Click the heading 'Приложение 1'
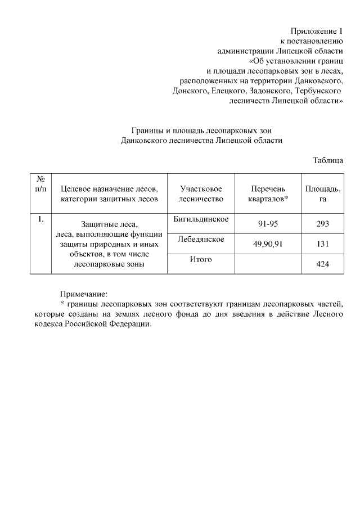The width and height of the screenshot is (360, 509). pos(317,30)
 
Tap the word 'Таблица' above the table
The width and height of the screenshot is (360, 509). pos(328,160)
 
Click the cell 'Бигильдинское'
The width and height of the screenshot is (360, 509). pos(200,219)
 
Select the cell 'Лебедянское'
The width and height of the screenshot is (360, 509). pos(200,239)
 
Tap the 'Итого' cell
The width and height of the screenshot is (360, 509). pos(200,259)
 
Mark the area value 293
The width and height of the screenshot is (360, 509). pos(322,224)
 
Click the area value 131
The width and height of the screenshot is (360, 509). pos(322,244)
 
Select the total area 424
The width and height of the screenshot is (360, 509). pos(322,263)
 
